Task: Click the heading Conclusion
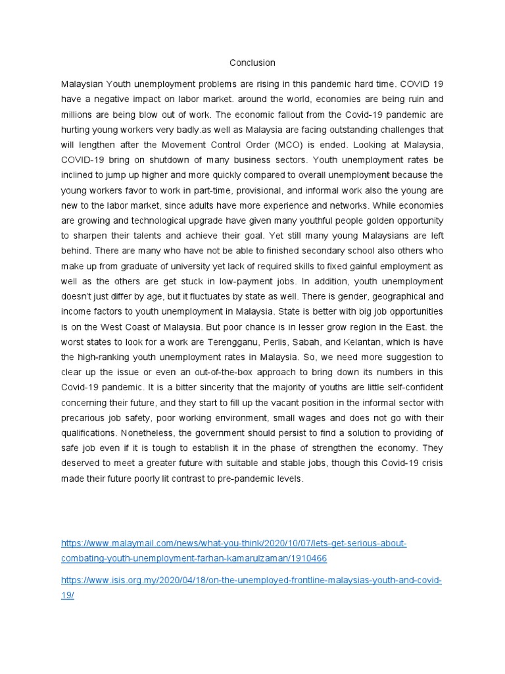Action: coord(252,63)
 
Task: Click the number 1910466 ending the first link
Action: coord(308,558)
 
